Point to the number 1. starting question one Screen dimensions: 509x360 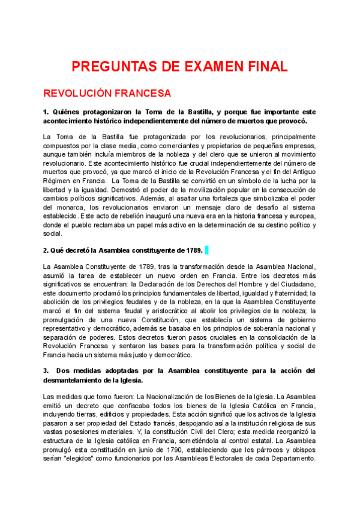pos(46,112)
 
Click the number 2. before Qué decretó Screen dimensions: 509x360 pos(46,250)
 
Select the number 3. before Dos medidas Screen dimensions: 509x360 pos(46,370)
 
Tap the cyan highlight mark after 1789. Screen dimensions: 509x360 pos(207,250)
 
